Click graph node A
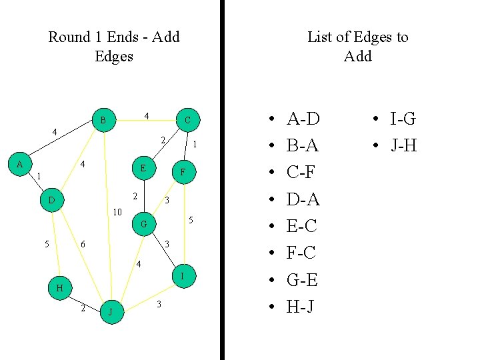(x=19, y=164)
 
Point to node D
(x=51, y=200)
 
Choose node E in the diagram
(x=143, y=169)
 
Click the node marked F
(x=183, y=173)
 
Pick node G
(x=143, y=225)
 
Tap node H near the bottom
(x=60, y=288)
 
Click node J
(x=111, y=312)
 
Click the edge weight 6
(x=83, y=245)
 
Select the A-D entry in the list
(x=303, y=119)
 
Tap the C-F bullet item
(x=301, y=173)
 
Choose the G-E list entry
(x=301, y=280)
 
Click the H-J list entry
(x=301, y=307)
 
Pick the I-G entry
(x=403, y=119)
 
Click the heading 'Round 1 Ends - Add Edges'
(x=114, y=46)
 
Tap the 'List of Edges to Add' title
(x=357, y=46)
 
